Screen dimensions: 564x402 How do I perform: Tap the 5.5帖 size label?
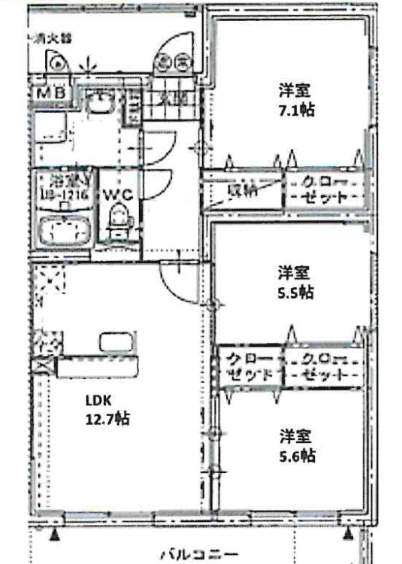(x=295, y=292)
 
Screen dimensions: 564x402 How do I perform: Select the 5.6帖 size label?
(x=298, y=455)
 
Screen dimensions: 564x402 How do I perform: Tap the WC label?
(x=119, y=193)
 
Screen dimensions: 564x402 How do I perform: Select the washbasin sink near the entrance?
(x=98, y=105)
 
